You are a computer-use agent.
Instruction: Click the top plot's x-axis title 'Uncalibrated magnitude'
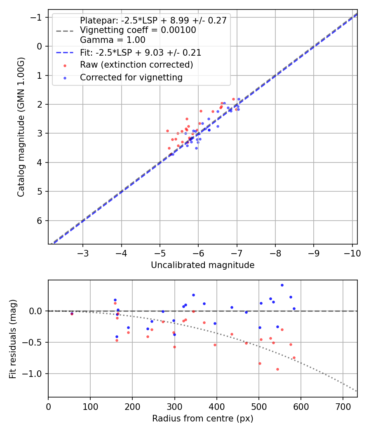pos(202,265)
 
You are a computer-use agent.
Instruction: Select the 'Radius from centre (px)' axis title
pos(202,419)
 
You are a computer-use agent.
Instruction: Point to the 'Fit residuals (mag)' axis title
pos(13,339)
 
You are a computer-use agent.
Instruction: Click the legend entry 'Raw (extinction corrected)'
pos(136,65)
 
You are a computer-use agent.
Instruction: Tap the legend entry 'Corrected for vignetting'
pos(131,77)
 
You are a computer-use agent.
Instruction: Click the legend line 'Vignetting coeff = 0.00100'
pos(138,30)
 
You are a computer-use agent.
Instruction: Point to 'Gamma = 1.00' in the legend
pos(113,40)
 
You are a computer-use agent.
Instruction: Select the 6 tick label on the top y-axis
pos(40,221)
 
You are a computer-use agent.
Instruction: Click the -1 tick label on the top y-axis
pos(38,17)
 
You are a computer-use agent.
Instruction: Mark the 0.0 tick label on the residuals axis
pos(37,311)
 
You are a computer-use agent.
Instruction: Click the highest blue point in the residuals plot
pos(282,285)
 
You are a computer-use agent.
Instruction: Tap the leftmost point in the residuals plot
pos(72,313)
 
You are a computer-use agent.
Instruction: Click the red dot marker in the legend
pos(65,65)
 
